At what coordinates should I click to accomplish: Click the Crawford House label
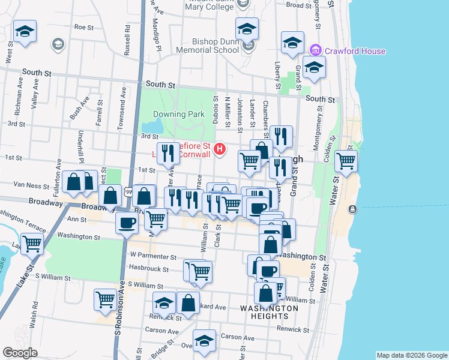coord(355,51)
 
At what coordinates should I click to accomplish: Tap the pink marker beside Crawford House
coord(315,51)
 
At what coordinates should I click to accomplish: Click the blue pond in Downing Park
coord(154,127)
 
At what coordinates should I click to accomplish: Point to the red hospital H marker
coord(220,149)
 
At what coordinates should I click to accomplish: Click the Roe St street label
coord(83,28)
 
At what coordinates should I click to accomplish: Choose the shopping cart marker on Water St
coord(346,161)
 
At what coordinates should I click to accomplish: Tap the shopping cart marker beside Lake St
coord(32,244)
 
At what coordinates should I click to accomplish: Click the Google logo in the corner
coord(20,353)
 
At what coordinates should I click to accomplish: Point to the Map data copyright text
coord(411,355)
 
